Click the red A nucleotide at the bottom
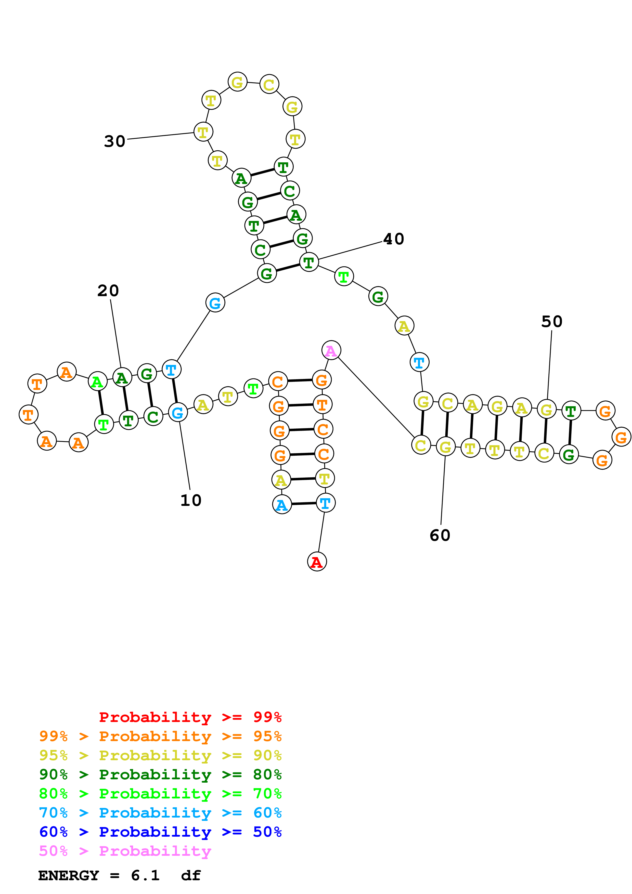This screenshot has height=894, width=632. [317, 562]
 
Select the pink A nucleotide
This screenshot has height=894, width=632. [331, 350]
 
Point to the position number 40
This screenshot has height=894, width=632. [394, 239]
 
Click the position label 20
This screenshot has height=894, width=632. [108, 291]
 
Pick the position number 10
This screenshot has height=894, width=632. [191, 500]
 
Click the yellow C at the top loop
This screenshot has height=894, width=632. [269, 85]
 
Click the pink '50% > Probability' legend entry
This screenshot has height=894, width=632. [125, 851]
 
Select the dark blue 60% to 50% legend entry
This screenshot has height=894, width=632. [160, 832]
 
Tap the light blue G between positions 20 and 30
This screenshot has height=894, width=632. [215, 303]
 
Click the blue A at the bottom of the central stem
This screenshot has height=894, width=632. [281, 505]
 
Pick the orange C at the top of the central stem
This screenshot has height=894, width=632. [278, 382]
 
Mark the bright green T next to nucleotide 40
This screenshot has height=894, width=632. [344, 277]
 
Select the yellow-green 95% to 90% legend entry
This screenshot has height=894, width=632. [160, 755]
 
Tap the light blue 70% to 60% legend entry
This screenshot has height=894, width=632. [160, 813]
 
